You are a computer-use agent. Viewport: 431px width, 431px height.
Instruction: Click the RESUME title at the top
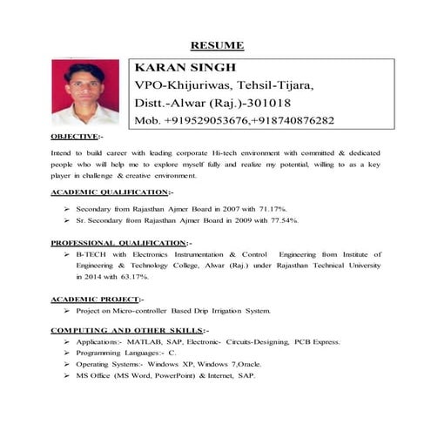[x=217, y=44]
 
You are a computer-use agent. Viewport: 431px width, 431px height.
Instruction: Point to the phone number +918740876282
[x=293, y=120]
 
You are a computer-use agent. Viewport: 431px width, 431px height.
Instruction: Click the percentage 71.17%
[x=273, y=209]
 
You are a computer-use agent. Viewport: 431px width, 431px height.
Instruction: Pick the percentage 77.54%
[x=283, y=221]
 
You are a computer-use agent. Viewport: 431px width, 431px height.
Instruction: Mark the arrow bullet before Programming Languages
[x=66, y=354]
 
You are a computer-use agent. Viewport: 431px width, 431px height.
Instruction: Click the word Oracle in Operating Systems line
[x=246, y=364]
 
